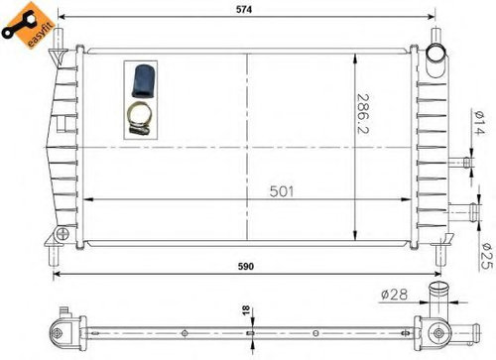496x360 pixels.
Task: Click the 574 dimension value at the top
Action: coord(244,10)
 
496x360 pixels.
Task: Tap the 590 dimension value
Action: coord(246,267)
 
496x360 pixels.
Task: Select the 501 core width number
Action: coord(282,191)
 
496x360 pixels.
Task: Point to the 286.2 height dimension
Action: coord(363,114)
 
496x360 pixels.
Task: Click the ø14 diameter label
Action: coord(479,123)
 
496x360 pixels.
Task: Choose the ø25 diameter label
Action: coord(486,256)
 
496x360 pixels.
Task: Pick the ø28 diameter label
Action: coord(394,294)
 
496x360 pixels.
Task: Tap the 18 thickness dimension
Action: coord(246,309)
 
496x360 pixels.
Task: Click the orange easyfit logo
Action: coord(24,26)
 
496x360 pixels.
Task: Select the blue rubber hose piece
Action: coord(141,81)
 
